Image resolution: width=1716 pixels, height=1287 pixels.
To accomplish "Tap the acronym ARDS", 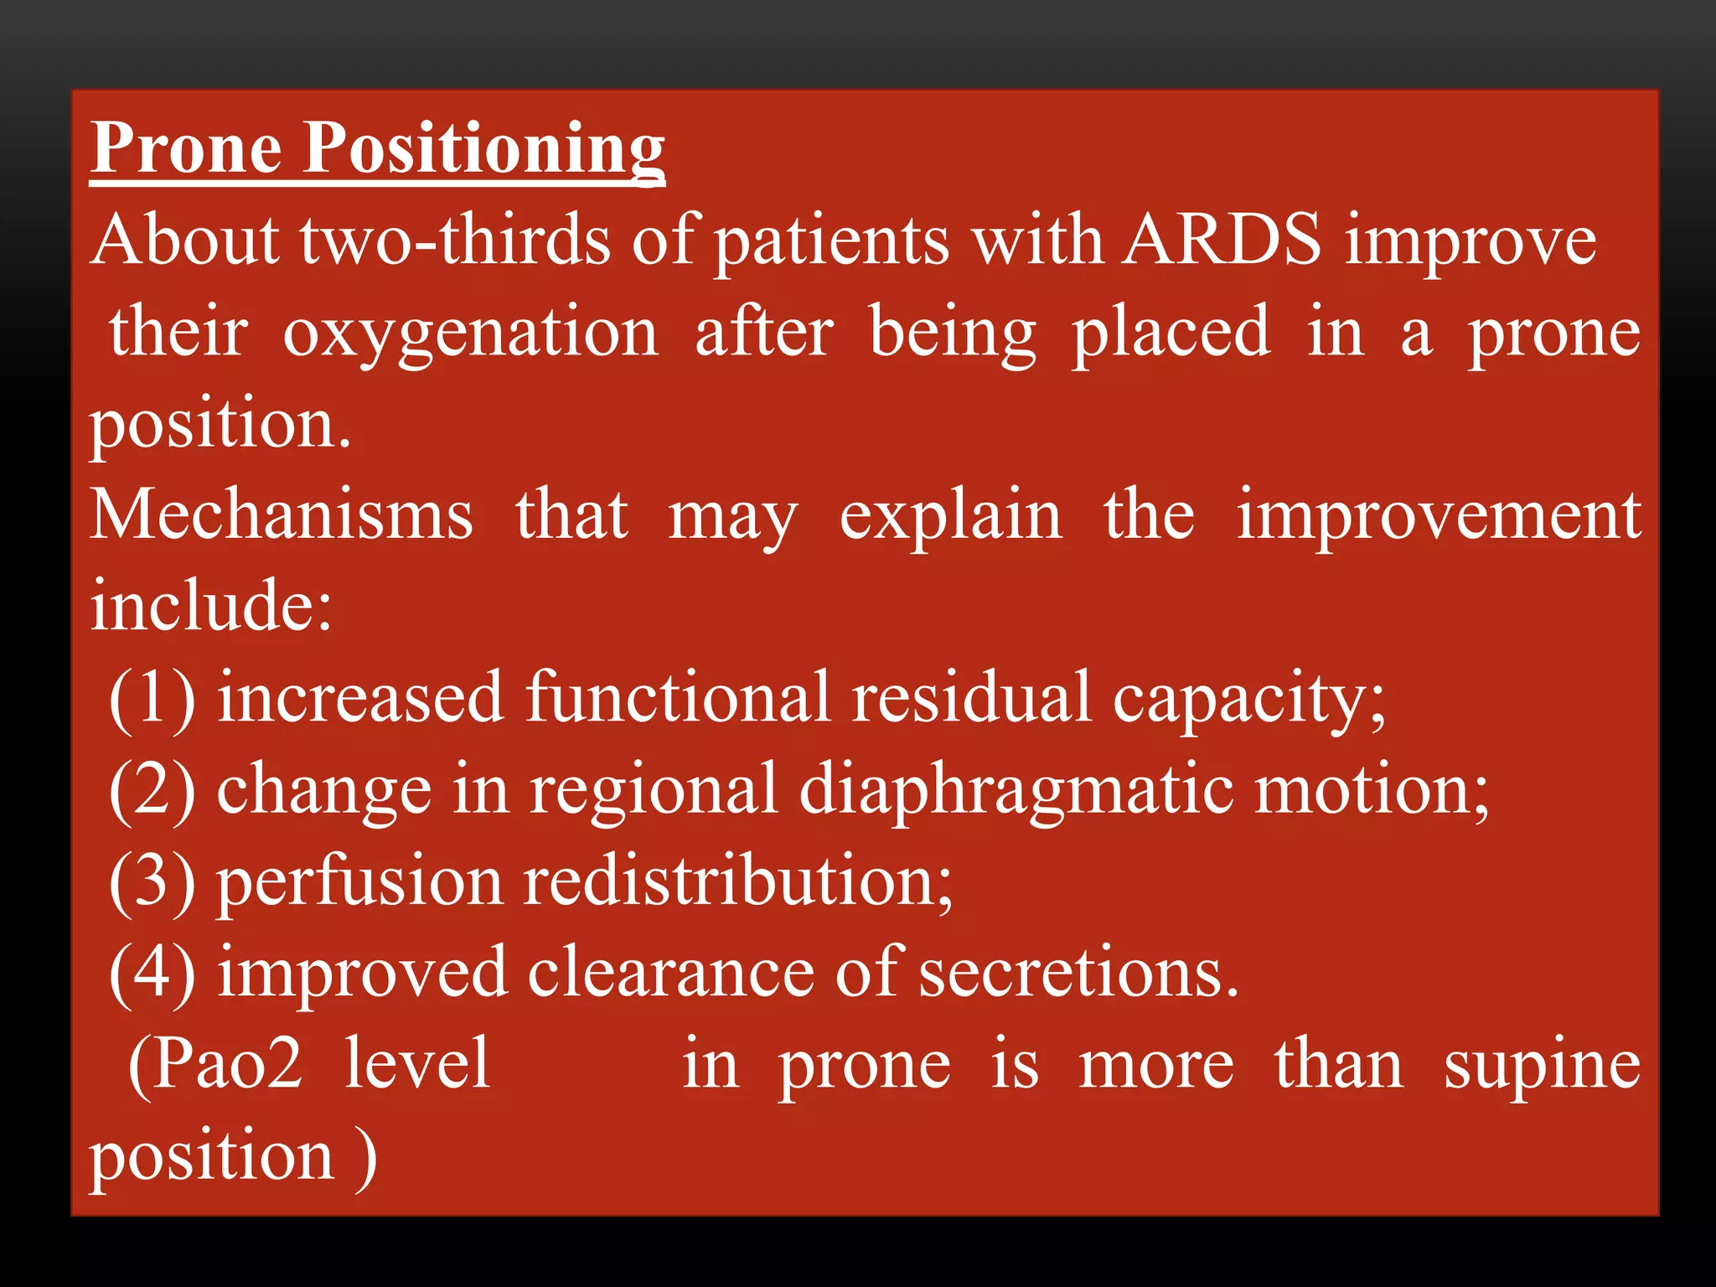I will [x=1222, y=240].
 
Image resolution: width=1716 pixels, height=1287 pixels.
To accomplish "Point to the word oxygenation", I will [x=470, y=333].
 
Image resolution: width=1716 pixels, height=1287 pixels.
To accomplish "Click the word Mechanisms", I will [x=282, y=514].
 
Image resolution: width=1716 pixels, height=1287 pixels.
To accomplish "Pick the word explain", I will [x=951, y=516].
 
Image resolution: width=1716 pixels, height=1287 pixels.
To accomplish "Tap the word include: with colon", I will [x=211, y=605].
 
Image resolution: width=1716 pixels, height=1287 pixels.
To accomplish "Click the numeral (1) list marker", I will [x=152, y=697].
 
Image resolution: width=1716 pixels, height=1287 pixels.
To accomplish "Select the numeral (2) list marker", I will [x=152, y=789].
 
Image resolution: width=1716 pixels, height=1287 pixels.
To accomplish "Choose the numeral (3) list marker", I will [x=152, y=881].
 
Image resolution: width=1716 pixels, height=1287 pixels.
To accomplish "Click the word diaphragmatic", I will [x=1016, y=789].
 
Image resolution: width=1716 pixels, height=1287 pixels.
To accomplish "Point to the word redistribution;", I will [x=738, y=881].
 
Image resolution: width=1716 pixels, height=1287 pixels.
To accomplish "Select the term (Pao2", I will [x=215, y=1064].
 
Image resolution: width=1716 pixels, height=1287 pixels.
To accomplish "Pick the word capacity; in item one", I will [x=1248, y=699].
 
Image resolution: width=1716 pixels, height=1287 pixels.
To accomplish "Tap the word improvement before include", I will [x=1439, y=516].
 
